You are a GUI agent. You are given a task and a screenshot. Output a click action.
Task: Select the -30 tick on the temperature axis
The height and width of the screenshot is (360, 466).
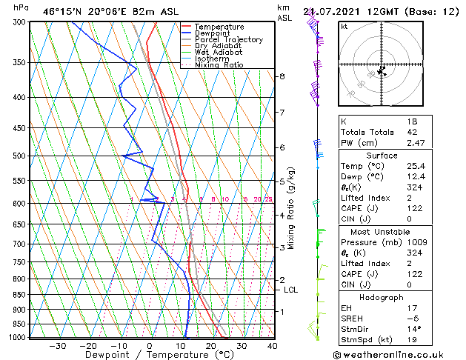(x=57, y=346)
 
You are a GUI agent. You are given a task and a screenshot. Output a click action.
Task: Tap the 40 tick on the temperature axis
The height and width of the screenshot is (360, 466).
(x=272, y=346)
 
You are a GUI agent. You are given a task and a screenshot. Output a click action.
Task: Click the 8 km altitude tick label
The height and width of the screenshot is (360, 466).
(x=282, y=76)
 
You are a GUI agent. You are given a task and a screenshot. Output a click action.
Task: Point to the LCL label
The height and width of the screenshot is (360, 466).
(x=290, y=290)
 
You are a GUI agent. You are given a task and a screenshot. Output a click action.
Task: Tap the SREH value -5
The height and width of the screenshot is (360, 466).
(x=412, y=319)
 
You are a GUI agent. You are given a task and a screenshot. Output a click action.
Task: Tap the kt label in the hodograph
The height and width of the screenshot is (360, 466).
(x=344, y=27)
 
